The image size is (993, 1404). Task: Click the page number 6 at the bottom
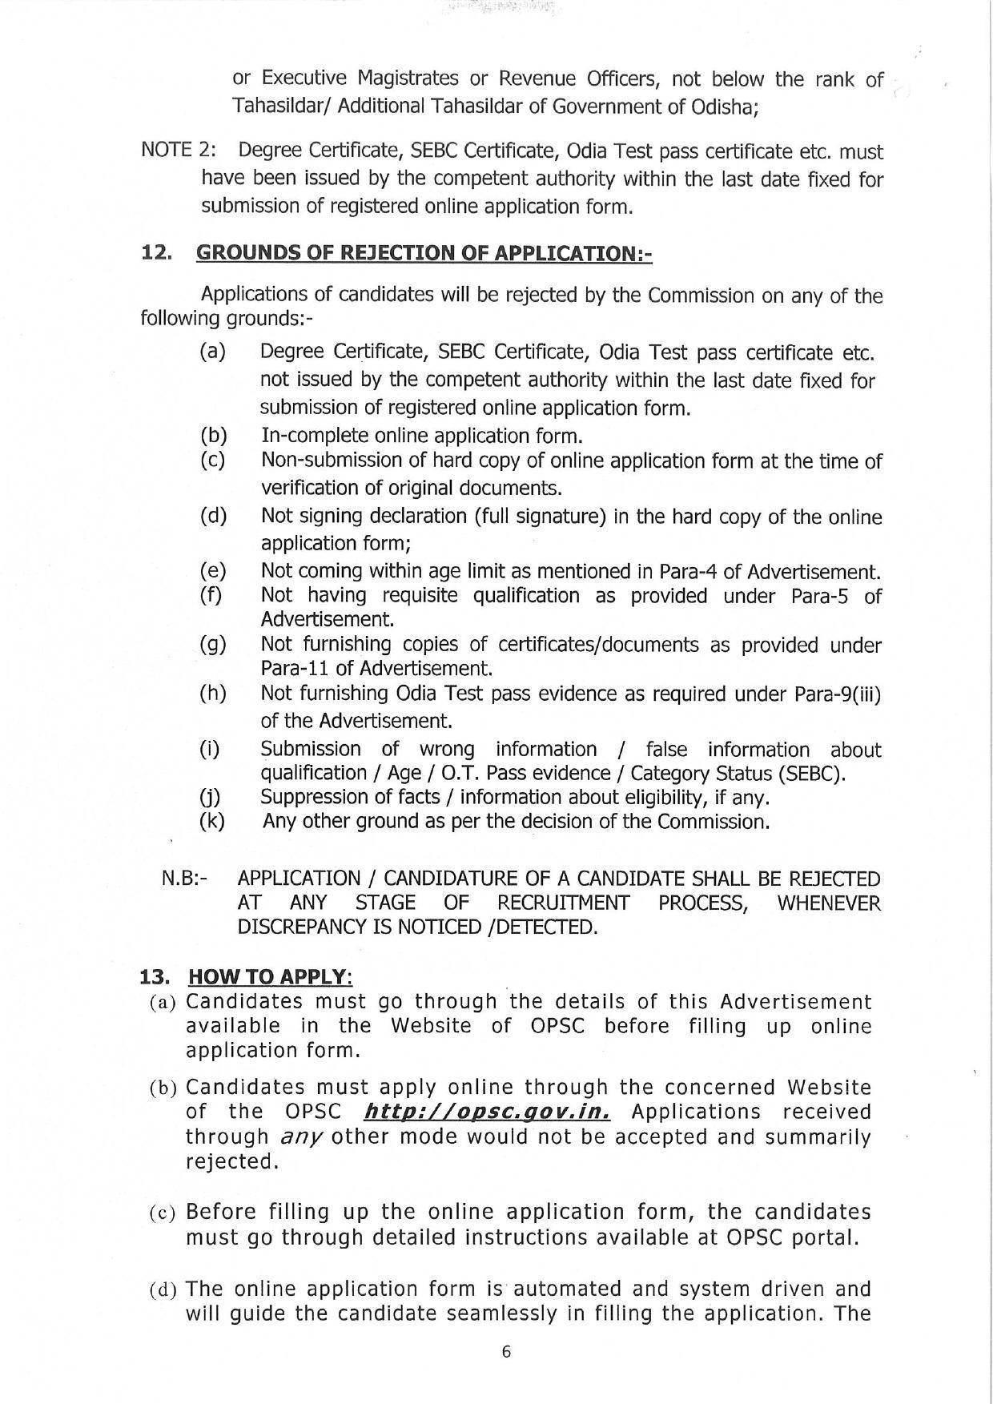click(505, 1352)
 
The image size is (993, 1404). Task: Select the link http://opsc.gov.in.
click(487, 1112)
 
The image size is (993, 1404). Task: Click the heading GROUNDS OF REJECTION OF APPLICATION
click(424, 253)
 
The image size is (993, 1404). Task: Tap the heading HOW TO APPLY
click(270, 977)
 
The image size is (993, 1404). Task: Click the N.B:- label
click(184, 879)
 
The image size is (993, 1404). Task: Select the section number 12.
click(156, 253)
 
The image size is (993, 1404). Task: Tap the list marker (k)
click(212, 821)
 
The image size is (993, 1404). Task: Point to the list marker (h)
click(213, 694)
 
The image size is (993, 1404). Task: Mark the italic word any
click(297, 1137)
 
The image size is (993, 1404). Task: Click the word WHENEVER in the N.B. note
click(828, 903)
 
